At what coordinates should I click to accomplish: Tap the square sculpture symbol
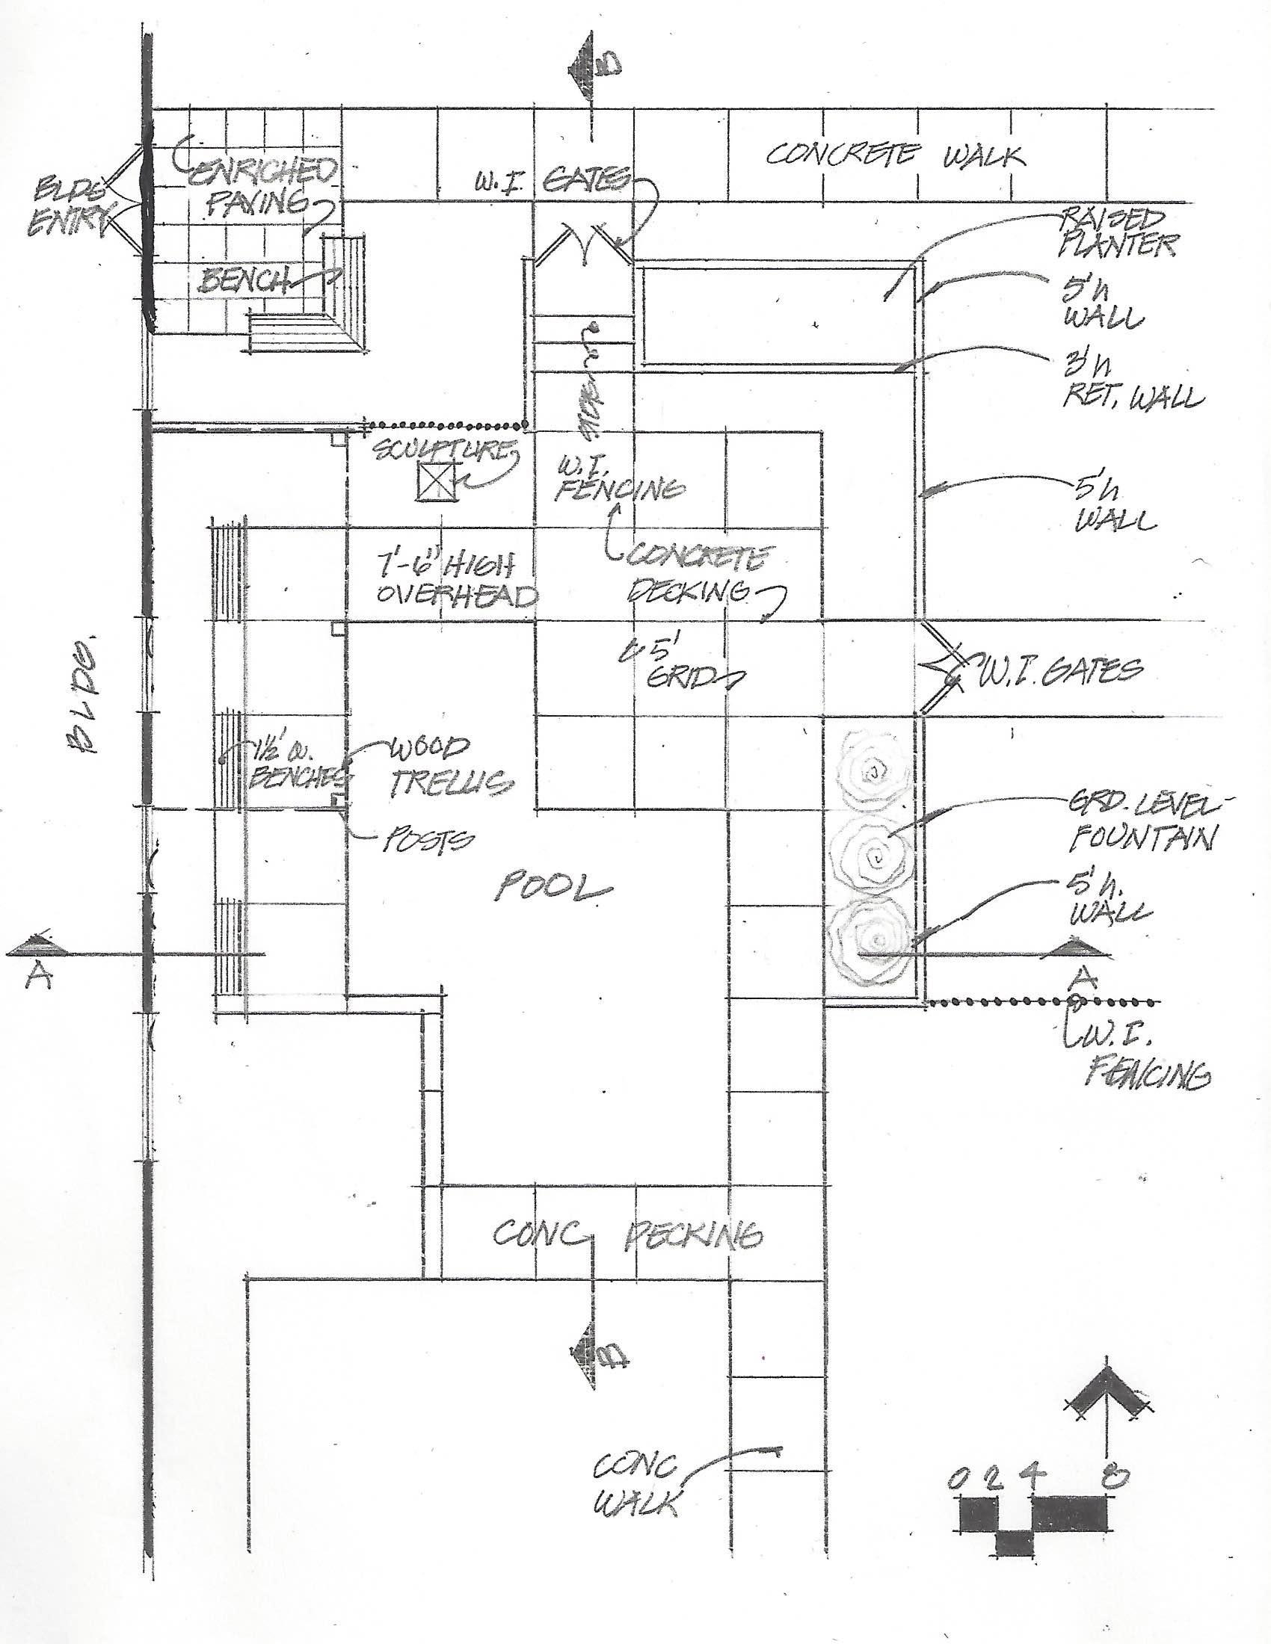click(437, 481)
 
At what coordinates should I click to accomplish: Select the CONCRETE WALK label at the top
click(895, 155)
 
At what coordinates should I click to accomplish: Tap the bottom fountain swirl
click(873, 941)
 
